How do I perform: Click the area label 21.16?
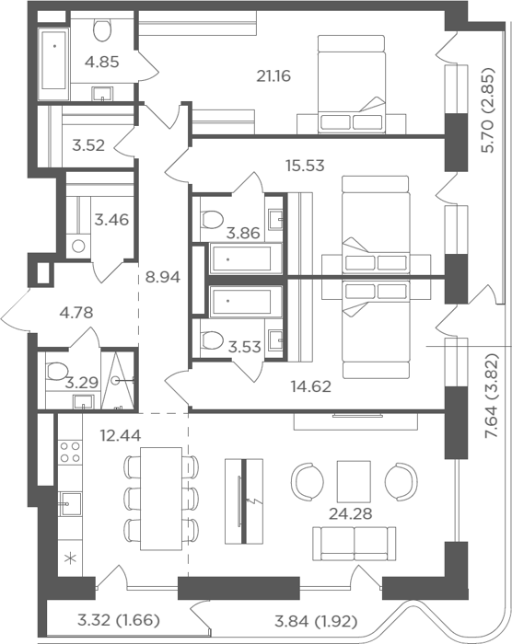[273, 76]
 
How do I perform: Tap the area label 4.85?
[101, 62]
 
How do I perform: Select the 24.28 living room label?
[350, 513]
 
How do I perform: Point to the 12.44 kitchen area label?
[121, 435]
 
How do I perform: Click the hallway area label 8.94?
[162, 277]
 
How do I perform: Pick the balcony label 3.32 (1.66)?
[119, 620]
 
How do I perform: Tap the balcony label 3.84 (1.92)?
[316, 621]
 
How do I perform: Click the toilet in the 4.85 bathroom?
[102, 29]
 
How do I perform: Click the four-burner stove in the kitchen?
[70, 452]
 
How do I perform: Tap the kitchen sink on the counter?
[70, 503]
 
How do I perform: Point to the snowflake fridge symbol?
[71, 558]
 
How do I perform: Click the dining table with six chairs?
[161, 499]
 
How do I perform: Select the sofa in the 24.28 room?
[355, 545]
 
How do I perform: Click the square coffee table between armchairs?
[354, 481]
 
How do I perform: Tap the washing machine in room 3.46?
[78, 247]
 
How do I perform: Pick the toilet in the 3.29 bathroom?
[57, 371]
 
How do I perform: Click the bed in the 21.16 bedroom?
[352, 85]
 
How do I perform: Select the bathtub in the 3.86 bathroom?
[246, 259]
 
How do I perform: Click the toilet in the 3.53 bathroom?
[212, 340]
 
